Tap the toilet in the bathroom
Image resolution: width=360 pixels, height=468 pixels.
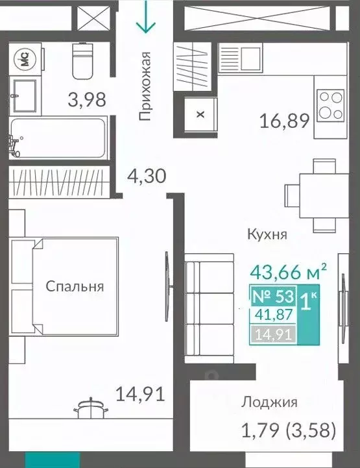83,60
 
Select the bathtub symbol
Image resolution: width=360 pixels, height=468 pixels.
58,138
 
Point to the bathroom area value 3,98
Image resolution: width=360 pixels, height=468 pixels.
87,100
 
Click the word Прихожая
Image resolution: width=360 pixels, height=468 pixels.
145,86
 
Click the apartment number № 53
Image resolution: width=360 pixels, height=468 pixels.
272,298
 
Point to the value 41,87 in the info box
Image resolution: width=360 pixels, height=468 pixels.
273,316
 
